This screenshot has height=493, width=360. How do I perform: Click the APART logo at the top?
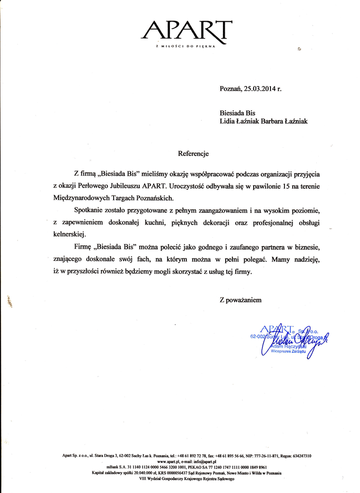(x=187, y=30)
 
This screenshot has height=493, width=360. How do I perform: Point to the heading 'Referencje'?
(x=193, y=154)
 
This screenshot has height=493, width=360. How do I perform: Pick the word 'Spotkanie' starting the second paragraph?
(x=90, y=210)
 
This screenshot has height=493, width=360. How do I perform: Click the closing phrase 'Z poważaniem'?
(x=241, y=300)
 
